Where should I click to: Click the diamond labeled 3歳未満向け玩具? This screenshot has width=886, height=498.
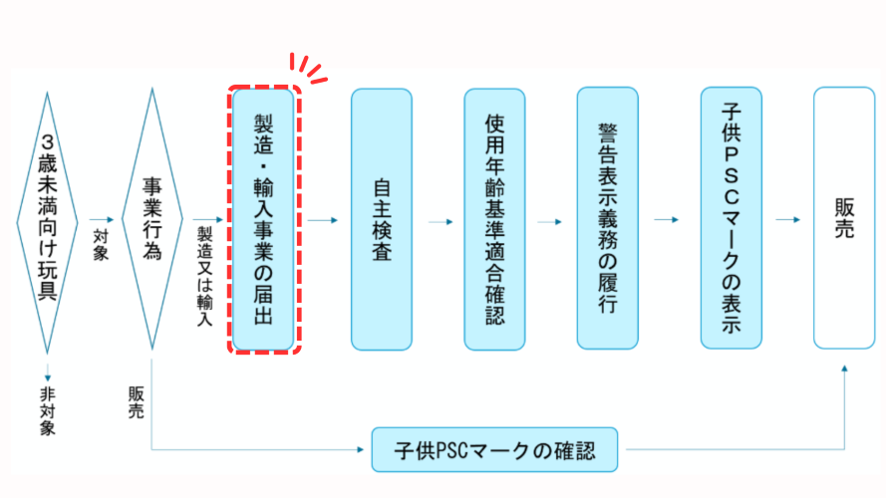click(47, 219)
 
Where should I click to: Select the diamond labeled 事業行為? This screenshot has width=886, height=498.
click(151, 219)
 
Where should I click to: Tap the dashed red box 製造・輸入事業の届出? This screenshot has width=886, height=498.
click(264, 219)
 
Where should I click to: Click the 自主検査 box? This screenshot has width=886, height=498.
click(381, 219)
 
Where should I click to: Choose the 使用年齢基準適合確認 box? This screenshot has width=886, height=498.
click(494, 219)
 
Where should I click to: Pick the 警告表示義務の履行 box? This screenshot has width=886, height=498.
click(607, 219)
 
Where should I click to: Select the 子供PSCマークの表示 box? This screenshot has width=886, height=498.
click(731, 219)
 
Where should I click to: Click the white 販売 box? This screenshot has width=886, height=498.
click(844, 219)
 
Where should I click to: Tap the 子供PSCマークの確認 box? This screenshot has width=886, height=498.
click(494, 450)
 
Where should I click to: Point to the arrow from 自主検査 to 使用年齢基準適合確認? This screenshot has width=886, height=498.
click(438, 220)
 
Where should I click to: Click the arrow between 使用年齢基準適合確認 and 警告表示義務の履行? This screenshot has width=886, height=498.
click(550, 220)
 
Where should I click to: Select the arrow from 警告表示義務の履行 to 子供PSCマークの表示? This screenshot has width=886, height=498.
click(668, 220)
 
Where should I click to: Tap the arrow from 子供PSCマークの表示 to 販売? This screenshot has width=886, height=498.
click(787, 220)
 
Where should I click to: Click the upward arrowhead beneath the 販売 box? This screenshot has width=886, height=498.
click(845, 370)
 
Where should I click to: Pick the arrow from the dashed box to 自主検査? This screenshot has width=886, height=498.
click(323, 220)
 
